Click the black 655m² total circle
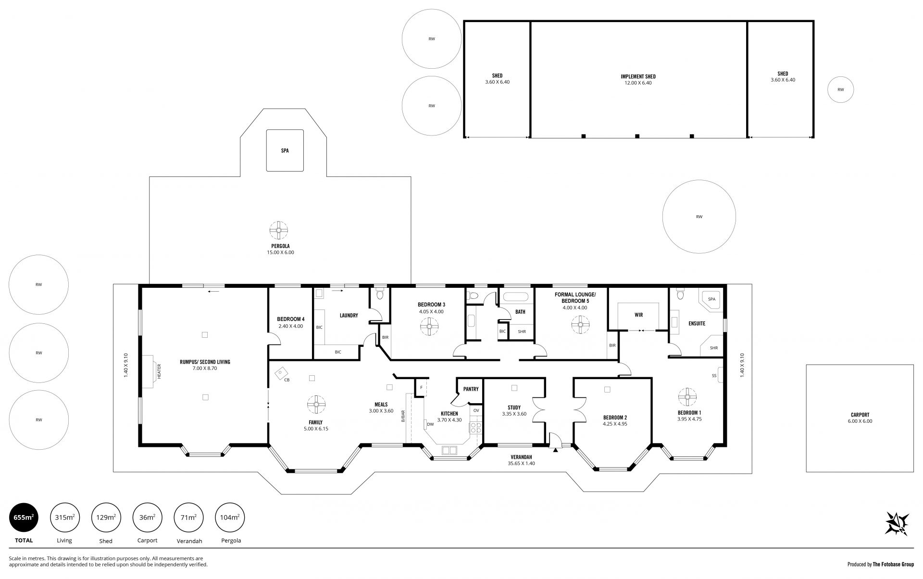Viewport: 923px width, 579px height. tap(24, 517)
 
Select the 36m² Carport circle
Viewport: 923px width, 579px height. tap(147, 517)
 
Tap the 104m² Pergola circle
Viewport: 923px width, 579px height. tap(230, 517)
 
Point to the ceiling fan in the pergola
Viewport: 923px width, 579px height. tap(278, 230)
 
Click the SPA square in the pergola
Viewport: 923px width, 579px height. tap(285, 150)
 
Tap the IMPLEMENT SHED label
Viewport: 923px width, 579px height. tap(638, 76)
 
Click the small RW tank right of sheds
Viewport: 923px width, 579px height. tap(840, 89)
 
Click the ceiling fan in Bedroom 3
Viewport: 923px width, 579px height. tap(428, 328)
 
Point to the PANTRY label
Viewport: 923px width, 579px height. tap(471, 389)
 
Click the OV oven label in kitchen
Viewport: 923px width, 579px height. tap(476, 410)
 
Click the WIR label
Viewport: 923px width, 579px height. tap(638, 315)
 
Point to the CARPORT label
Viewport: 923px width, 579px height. tap(860, 415)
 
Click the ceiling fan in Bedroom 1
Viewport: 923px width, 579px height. tap(687, 397)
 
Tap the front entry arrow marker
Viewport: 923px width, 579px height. tap(556, 450)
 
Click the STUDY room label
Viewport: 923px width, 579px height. tap(514, 407)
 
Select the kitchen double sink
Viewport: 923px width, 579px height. tap(449, 450)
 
